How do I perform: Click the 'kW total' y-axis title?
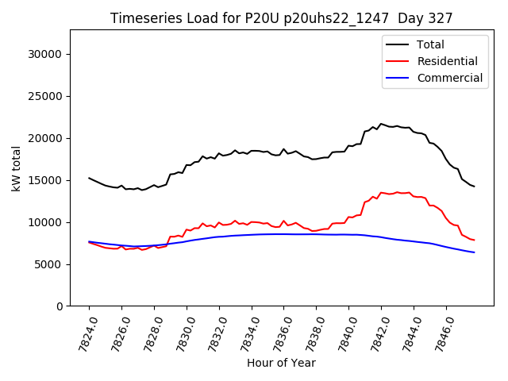pyautogui.click(x=16, y=168)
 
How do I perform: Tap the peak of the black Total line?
pyautogui.click(x=381, y=124)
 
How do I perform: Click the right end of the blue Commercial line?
pyautogui.click(x=475, y=252)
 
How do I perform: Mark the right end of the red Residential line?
pyautogui.click(x=475, y=240)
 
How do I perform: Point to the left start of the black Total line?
pyautogui.click(x=89, y=178)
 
